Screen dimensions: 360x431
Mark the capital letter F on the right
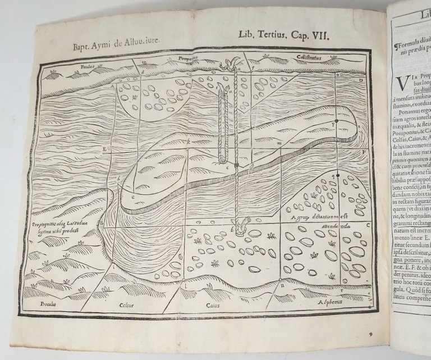(x=364, y=152)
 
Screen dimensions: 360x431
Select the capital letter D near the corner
(x=361, y=80)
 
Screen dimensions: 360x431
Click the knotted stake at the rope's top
(x=230, y=65)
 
